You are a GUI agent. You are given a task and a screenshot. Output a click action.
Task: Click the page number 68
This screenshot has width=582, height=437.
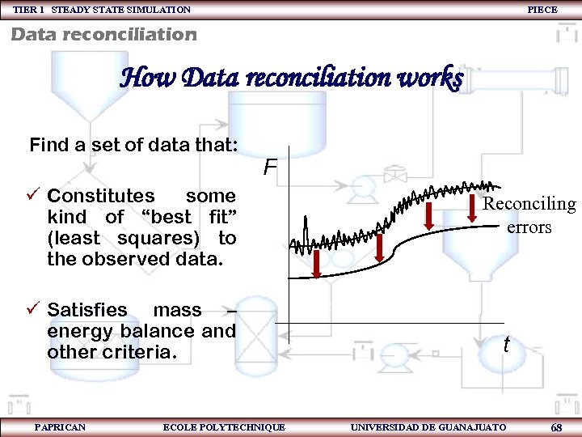[556, 426]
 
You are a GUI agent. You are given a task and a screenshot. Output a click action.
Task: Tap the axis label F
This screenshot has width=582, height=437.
[269, 168]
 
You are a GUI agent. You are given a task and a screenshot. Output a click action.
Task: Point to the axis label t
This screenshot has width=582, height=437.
[506, 345]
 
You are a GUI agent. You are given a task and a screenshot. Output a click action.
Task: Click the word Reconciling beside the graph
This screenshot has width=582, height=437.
[529, 204]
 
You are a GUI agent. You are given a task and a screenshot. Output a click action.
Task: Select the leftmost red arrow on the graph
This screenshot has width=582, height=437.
[318, 264]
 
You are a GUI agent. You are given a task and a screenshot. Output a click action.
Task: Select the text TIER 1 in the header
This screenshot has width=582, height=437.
[29, 10]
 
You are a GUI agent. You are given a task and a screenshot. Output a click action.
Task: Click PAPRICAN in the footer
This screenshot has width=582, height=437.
[60, 426]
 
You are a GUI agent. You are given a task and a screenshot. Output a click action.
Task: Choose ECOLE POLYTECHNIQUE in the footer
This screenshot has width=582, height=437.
[224, 426]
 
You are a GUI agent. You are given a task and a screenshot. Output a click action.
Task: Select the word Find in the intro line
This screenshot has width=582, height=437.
[48, 146]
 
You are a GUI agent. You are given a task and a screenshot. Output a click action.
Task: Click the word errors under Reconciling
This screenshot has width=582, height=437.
[529, 227]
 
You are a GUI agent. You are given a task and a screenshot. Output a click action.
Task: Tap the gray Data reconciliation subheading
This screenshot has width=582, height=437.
[103, 34]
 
